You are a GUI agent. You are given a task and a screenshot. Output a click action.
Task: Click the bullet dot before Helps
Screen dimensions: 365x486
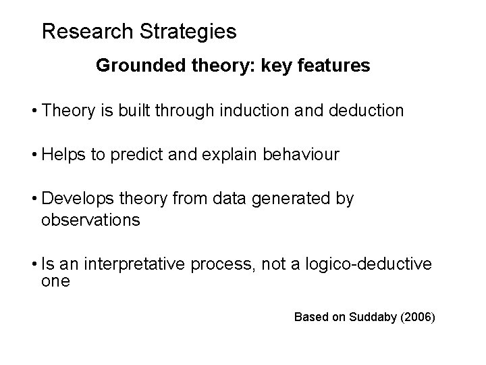(34, 155)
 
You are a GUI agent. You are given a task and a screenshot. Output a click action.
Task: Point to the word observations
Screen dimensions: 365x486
(90, 220)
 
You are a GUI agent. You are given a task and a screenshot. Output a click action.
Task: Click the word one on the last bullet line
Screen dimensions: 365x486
(55, 281)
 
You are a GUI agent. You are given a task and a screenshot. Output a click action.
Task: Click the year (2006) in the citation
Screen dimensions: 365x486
(419, 316)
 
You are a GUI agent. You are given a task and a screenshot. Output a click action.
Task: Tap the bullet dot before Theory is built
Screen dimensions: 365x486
(34, 110)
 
